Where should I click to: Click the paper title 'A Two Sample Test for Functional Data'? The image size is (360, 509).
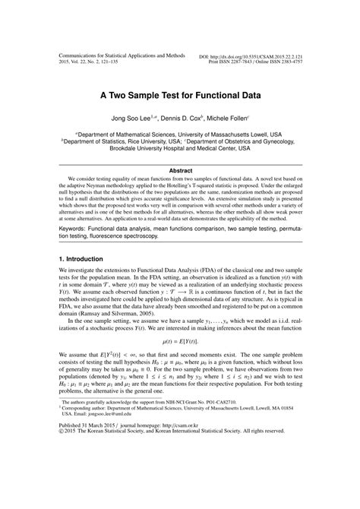(180, 96)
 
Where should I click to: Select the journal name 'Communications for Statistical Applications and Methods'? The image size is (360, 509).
(122, 57)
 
